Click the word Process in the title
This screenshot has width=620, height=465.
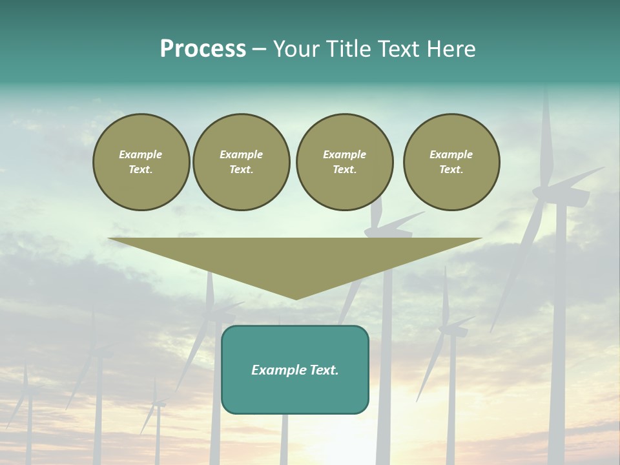[203, 49]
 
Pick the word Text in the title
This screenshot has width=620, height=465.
[397, 49]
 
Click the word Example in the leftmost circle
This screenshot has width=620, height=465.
[141, 154]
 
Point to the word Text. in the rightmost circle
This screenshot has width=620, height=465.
[451, 169]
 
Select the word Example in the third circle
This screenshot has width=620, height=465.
[345, 154]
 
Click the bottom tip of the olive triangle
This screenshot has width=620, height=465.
[296, 298]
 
